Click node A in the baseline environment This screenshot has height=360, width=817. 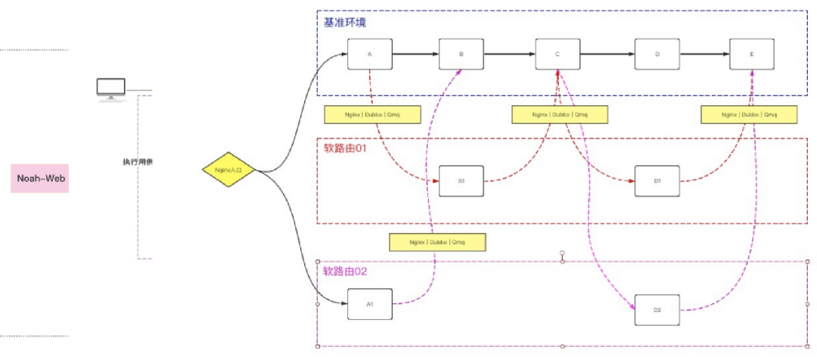370,54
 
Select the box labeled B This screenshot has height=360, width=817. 461,54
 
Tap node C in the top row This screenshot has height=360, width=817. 558,54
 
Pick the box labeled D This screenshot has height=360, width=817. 657,54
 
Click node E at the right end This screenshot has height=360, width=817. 751,54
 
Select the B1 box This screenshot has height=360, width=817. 461,182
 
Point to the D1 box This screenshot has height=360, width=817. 657,182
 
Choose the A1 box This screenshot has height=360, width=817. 370,304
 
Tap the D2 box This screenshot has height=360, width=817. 657,310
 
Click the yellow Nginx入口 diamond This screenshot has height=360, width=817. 230,171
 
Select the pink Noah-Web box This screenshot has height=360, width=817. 39,178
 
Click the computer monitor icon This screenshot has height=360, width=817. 110,89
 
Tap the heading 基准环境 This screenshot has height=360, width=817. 345,23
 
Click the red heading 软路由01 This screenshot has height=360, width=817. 346,149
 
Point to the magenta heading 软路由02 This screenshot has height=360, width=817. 346,272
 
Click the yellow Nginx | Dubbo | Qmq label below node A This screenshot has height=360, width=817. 372,115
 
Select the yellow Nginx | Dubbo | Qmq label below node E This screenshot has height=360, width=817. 749,115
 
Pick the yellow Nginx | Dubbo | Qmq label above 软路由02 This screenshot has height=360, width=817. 436,242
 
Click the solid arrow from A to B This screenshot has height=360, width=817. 415,54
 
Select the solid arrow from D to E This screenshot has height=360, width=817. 705,54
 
